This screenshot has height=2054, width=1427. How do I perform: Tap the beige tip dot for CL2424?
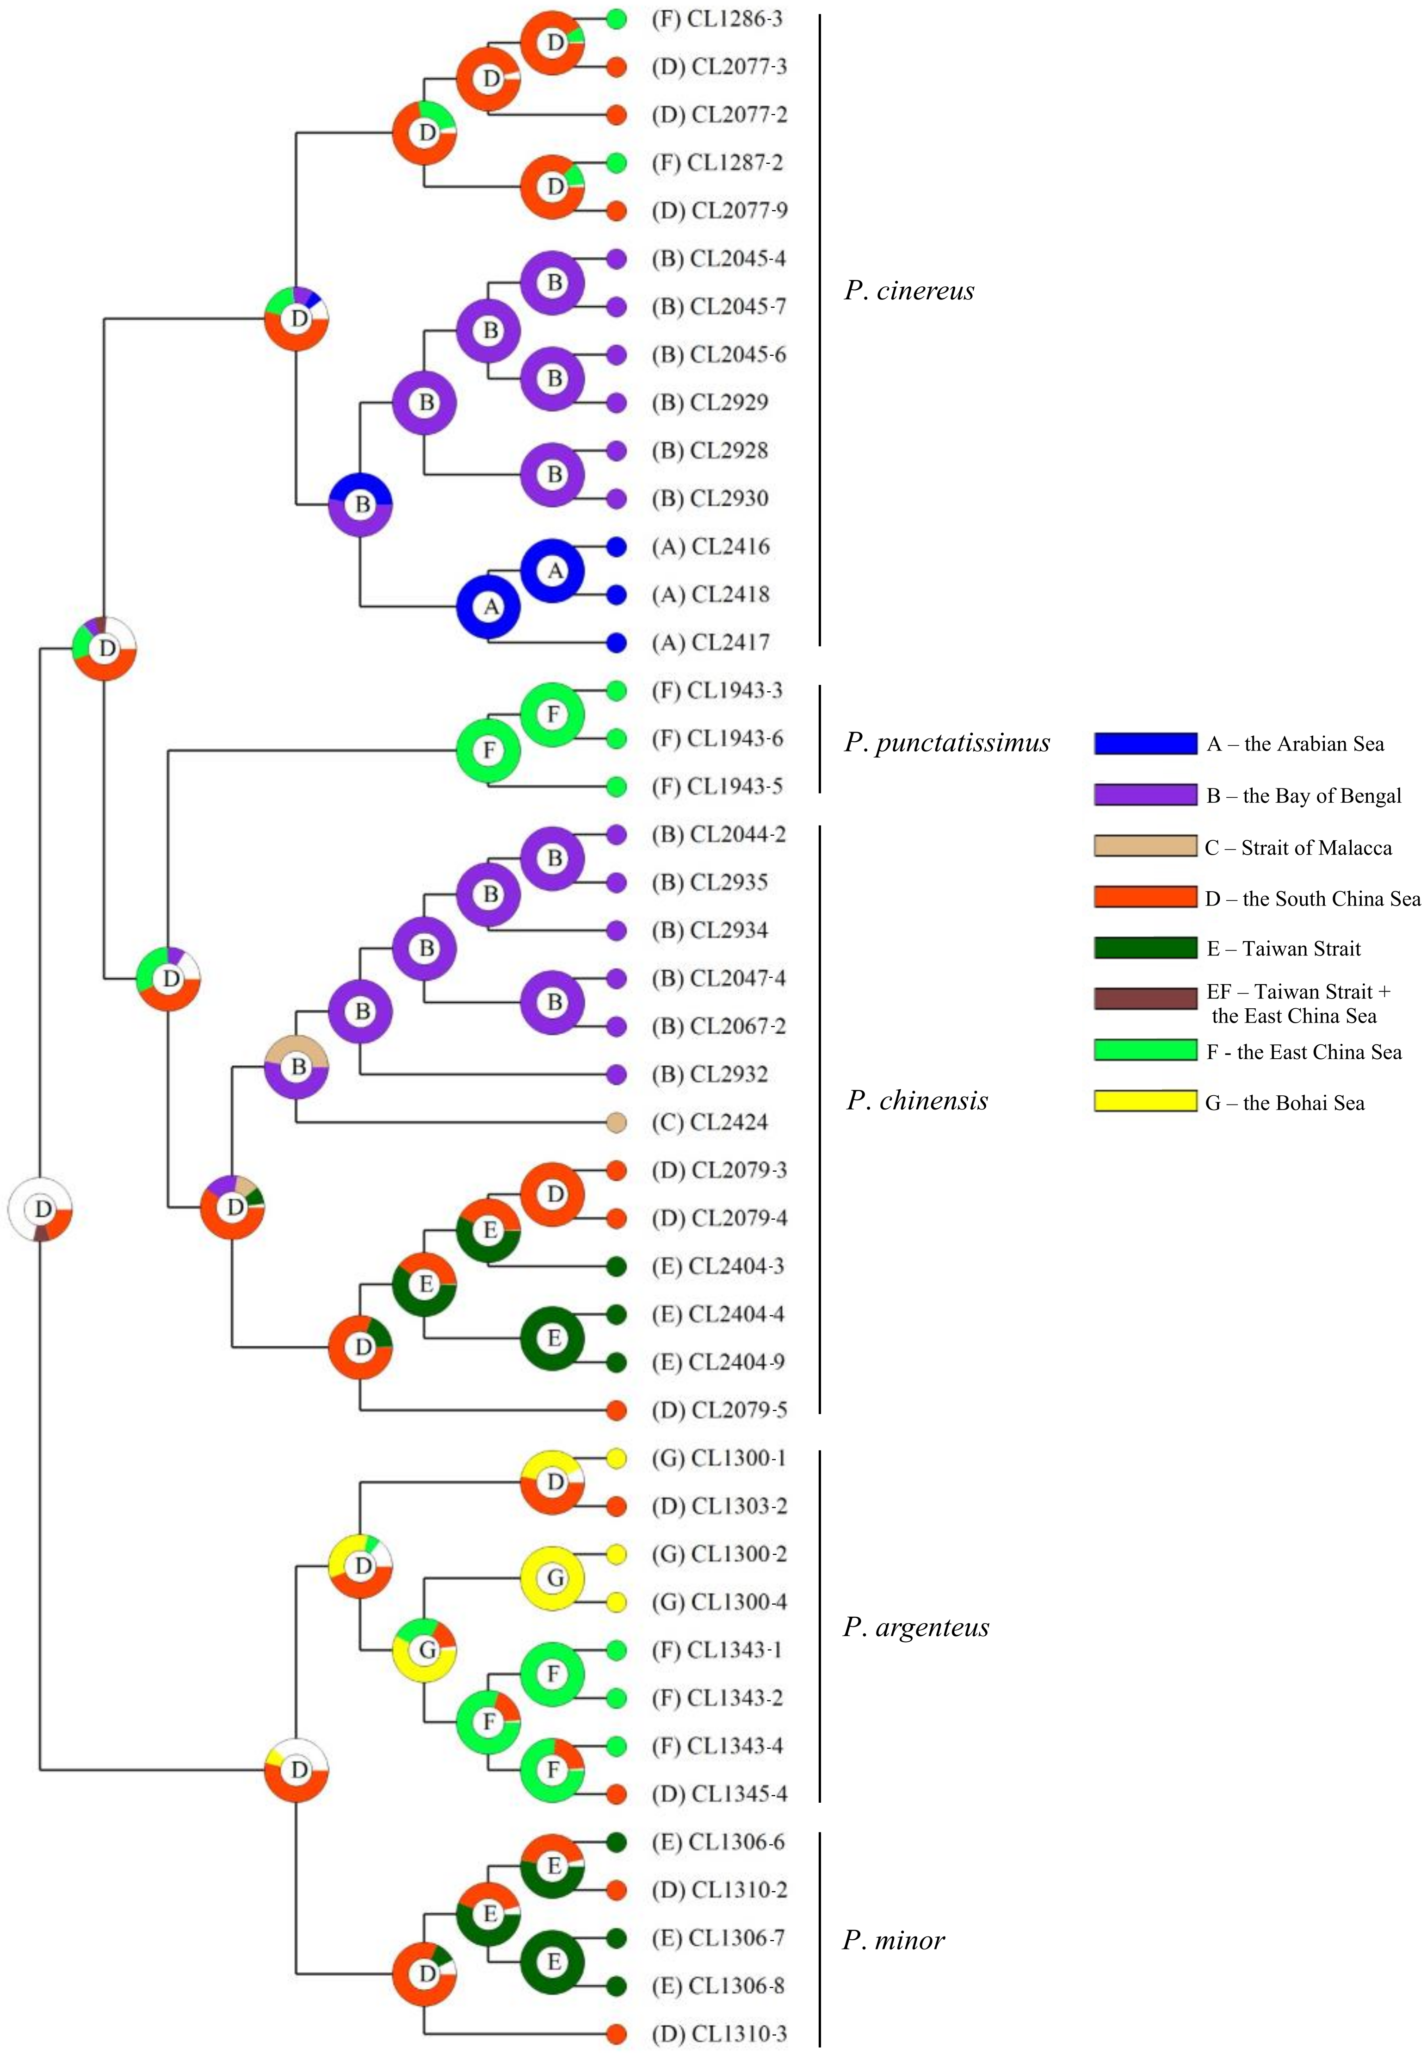click(615, 1122)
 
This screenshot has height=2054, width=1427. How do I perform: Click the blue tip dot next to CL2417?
click(615, 642)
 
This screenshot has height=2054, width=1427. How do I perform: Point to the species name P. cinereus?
click(908, 291)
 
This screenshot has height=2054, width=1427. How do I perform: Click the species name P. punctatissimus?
click(946, 742)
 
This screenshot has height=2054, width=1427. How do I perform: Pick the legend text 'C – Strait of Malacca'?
click(1297, 848)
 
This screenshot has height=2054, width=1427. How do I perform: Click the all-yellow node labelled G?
click(553, 1578)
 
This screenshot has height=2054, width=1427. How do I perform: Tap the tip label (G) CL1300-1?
click(718, 1458)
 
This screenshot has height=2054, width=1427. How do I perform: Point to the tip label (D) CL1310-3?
click(719, 2034)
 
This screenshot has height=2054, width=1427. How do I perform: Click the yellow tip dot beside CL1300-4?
click(615, 1602)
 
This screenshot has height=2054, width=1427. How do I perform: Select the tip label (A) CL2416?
click(710, 546)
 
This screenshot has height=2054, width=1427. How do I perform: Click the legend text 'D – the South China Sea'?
click(1312, 899)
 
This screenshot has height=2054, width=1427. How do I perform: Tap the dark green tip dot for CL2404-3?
click(615, 1266)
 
